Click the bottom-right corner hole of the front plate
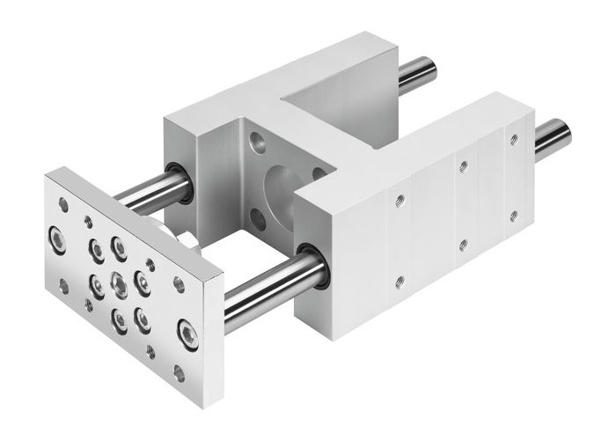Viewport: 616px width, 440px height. point(180,373)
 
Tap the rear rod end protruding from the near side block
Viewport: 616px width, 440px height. point(553,138)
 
